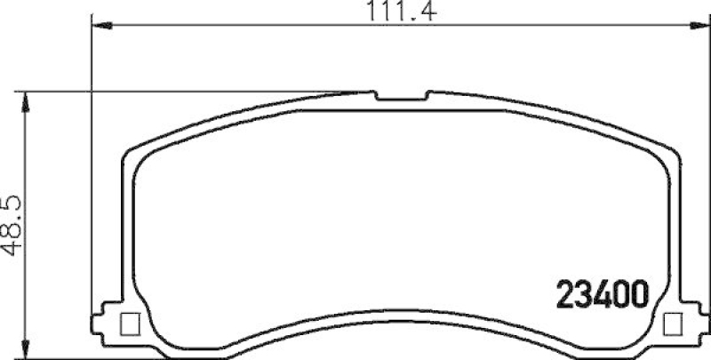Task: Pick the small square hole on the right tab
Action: (674, 323)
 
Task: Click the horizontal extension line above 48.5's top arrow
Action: (178, 91)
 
